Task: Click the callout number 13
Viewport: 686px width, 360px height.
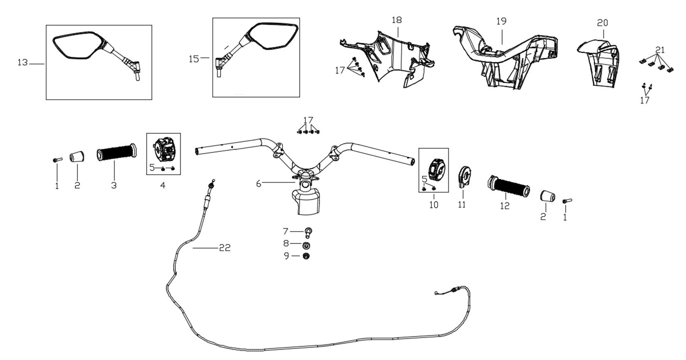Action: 22,63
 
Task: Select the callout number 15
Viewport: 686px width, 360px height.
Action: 194,59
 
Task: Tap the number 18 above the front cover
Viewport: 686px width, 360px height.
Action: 396,20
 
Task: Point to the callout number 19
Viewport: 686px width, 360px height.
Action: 501,21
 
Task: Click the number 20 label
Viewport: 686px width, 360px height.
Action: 602,23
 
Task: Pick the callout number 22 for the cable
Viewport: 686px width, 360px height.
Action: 225,248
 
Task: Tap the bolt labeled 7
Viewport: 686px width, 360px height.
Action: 309,231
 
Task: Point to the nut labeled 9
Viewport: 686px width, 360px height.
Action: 307,256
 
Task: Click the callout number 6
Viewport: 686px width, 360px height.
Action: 259,183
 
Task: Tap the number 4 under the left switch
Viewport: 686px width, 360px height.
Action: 163,186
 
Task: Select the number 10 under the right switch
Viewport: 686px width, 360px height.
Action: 433,205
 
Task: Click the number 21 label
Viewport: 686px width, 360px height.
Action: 660,50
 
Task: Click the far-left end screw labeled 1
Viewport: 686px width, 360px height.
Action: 57,160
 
